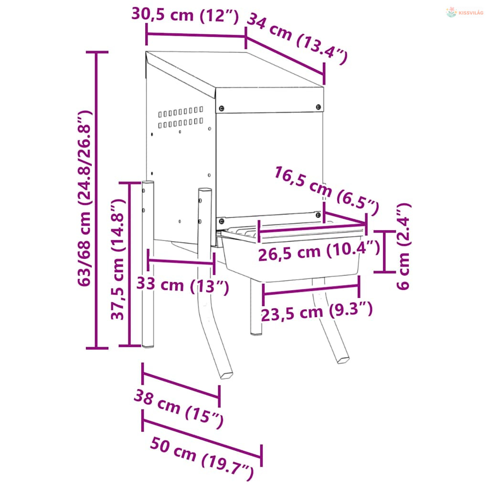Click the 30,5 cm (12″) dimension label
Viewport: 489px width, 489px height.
(x=185, y=15)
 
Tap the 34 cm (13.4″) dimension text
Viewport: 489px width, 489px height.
(x=297, y=39)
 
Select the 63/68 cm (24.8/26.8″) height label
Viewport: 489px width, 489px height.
(x=85, y=198)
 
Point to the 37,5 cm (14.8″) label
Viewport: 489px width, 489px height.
(x=118, y=259)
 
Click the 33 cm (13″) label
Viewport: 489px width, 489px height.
(x=183, y=285)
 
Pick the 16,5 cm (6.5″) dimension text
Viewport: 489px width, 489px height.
(x=327, y=191)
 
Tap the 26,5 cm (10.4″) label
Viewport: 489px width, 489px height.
(x=319, y=251)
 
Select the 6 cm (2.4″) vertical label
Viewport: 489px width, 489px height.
(x=404, y=246)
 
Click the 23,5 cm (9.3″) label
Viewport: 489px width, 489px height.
(x=317, y=311)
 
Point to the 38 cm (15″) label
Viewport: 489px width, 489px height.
(x=179, y=409)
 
